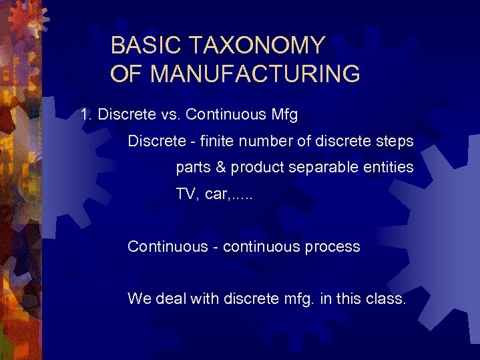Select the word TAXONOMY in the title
pyautogui.click(x=258, y=45)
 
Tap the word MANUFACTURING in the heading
pyautogui.click(x=255, y=73)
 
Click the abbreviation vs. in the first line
pyautogui.click(x=170, y=114)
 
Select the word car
pyautogui.click(x=213, y=195)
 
